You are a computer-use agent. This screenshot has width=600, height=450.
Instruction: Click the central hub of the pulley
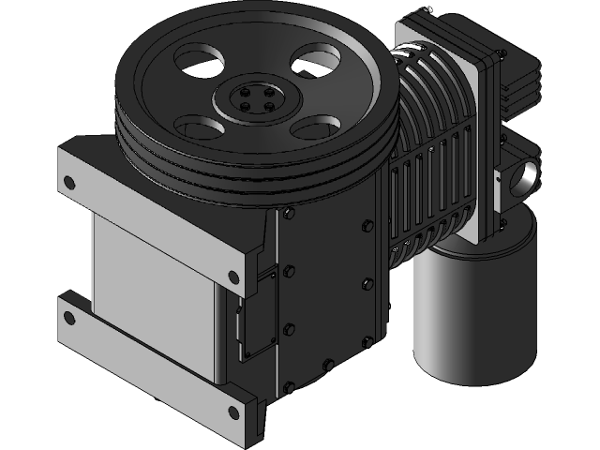click(253, 100)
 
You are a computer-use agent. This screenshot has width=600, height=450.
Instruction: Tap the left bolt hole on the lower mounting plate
click(67, 315)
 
